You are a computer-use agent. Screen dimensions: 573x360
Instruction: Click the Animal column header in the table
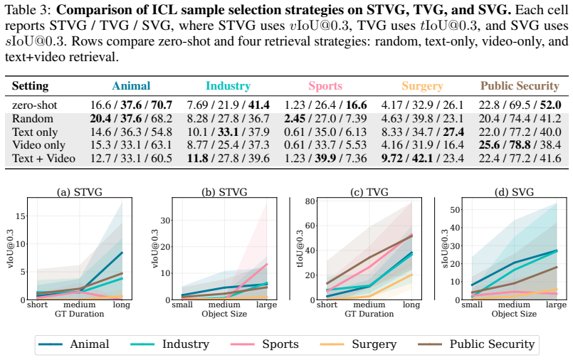pos(131,86)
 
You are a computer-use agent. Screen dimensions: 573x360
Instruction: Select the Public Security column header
pos(520,86)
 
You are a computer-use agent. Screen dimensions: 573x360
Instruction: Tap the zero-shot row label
pos(34,105)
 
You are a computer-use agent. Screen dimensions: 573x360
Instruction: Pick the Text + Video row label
pos(43,159)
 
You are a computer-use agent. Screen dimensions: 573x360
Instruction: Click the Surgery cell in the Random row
pos(422,119)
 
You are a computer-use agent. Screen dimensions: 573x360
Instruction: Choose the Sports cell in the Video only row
pos(325,145)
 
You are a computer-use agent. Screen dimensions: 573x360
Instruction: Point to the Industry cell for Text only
pos(228,132)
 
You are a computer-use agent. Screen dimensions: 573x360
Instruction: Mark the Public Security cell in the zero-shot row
pos(520,105)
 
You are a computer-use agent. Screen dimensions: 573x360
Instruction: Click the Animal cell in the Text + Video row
pos(131,159)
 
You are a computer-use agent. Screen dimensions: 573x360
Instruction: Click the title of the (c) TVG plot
pos(369,191)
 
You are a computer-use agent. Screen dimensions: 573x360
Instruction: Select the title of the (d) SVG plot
pos(514,191)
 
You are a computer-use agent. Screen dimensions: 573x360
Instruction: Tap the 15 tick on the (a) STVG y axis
pos(21,216)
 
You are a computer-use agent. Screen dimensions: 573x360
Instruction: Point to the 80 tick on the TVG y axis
pos(310,201)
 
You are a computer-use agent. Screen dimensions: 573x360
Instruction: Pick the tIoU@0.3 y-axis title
pos(300,248)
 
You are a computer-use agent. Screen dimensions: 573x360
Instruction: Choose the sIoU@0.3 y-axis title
pos(445,248)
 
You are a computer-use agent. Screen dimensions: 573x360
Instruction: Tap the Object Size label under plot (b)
pos(224,314)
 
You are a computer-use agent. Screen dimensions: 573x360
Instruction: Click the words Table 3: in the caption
pos(26,10)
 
